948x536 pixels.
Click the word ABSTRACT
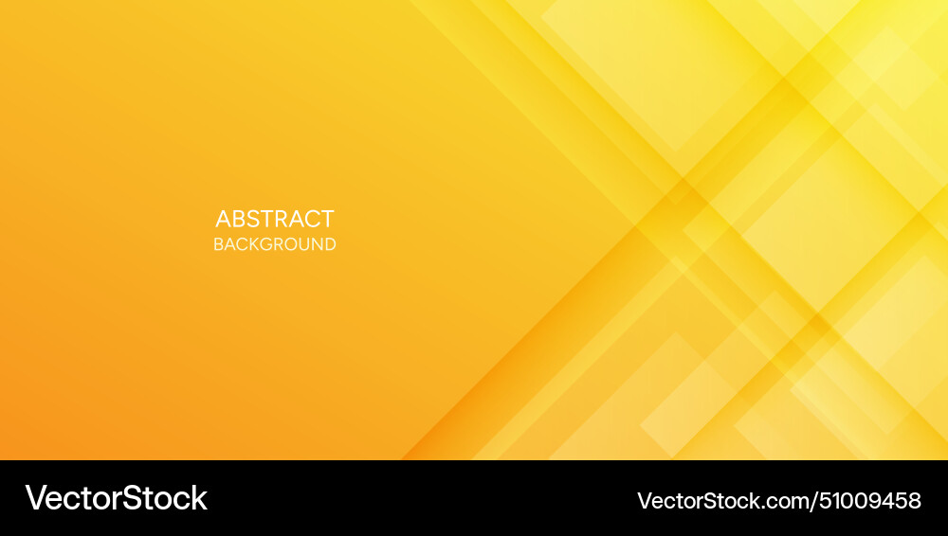[275, 219]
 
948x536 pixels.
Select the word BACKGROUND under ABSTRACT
[275, 244]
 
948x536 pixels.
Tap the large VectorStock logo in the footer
[116, 498]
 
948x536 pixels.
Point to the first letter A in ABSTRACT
[224, 219]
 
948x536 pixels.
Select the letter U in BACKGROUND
[302, 244]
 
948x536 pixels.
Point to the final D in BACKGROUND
[330, 244]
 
